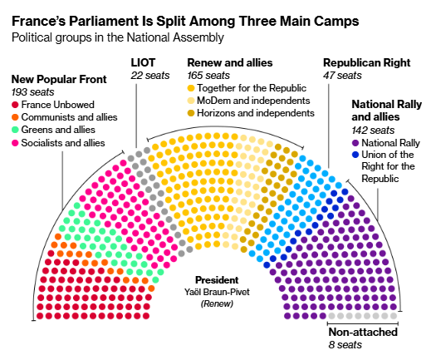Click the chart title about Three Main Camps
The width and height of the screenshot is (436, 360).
185,21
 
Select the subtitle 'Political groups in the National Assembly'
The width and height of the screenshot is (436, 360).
118,37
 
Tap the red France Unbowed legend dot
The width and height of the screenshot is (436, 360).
15,105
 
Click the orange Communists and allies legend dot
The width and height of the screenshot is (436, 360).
15,117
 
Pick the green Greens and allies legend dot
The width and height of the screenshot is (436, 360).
15,130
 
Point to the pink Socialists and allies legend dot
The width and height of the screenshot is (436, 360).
15,143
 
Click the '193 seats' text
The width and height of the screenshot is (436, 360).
33,92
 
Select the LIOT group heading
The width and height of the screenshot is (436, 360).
143,62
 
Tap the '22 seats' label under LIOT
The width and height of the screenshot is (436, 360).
150,76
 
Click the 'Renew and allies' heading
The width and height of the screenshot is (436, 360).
230,62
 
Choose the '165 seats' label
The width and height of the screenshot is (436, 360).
208,76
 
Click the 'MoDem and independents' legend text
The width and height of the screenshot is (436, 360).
253,101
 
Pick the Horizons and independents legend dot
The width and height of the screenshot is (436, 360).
191,113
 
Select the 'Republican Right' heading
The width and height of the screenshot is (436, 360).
367,62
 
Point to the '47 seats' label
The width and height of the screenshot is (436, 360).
342,76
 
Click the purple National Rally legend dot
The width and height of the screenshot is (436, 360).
355,143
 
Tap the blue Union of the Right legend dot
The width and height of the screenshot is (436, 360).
355,155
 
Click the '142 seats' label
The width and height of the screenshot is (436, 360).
373,131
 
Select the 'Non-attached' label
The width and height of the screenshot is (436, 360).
363,333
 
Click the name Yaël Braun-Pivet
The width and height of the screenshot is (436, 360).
217,292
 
